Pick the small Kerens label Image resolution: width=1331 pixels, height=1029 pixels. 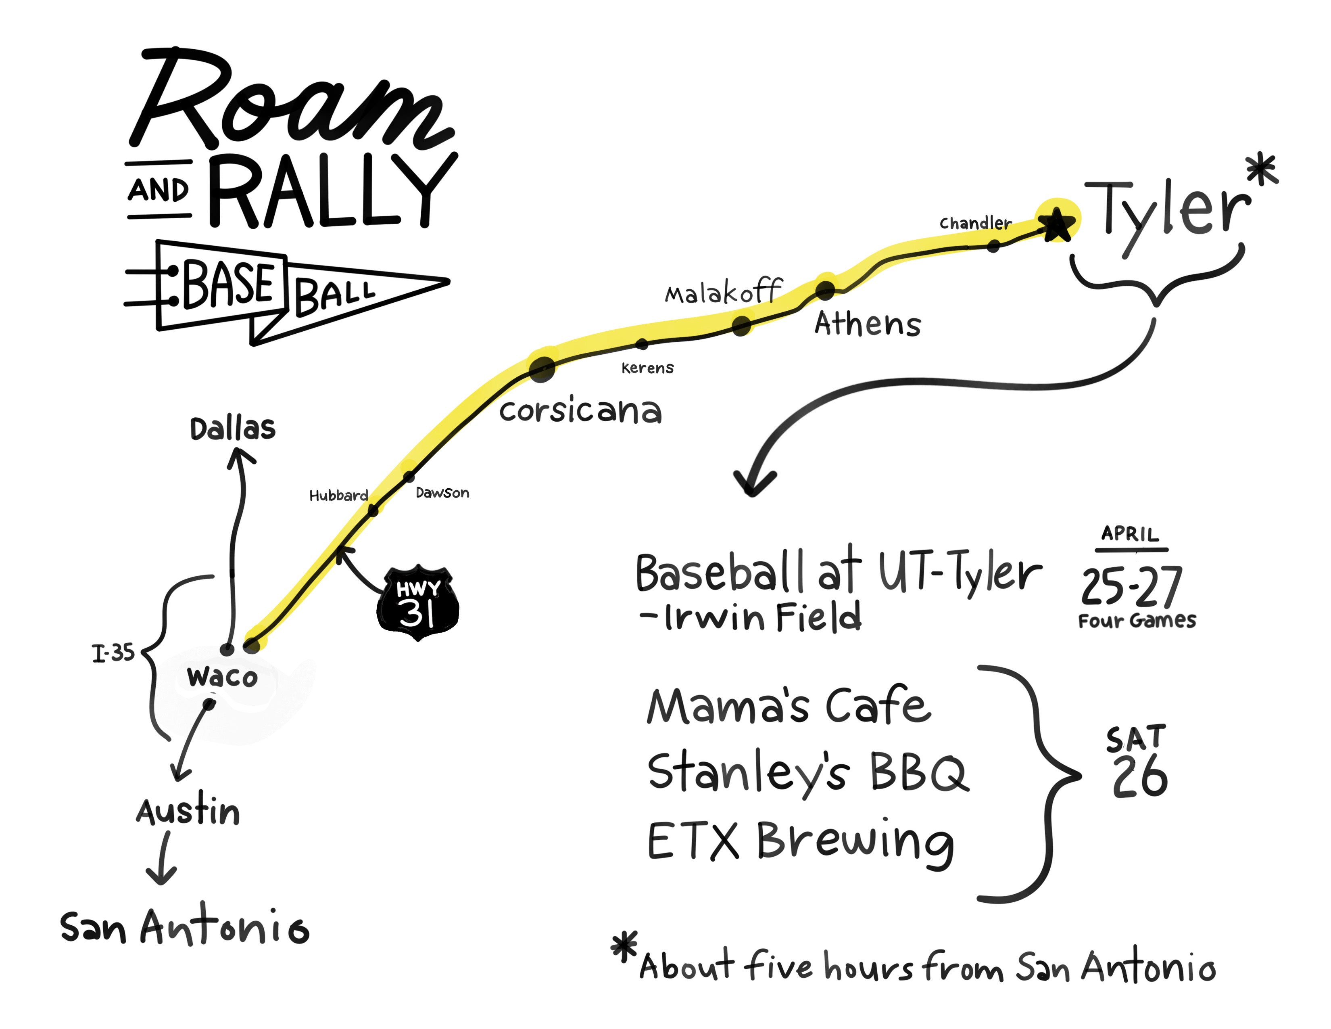click(x=647, y=368)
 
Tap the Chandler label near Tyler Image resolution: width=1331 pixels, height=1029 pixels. click(x=975, y=223)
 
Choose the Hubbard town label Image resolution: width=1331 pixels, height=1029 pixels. click(x=338, y=495)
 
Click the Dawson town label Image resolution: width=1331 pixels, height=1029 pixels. click(x=442, y=493)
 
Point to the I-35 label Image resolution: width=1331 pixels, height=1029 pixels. click(x=113, y=653)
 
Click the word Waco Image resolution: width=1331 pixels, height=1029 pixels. click(x=223, y=677)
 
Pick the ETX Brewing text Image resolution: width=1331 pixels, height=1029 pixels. click(x=799, y=841)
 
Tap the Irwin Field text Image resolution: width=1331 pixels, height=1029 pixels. click(x=762, y=617)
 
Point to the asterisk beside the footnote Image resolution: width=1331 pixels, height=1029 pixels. click(x=624, y=946)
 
